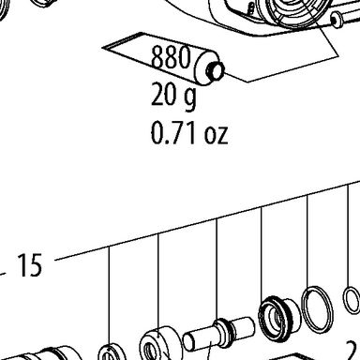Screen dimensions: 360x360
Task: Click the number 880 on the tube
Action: [171, 57]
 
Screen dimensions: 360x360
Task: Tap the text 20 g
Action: [173, 96]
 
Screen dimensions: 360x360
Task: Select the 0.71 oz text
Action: [189, 133]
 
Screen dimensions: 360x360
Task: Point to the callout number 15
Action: [30, 265]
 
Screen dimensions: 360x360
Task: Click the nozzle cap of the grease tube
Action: [215, 70]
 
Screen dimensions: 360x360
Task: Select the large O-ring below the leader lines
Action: [317, 309]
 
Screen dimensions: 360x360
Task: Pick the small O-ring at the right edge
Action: [352, 300]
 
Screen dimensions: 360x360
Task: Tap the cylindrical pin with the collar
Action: [218, 333]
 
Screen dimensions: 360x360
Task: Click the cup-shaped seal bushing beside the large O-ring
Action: [278, 317]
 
